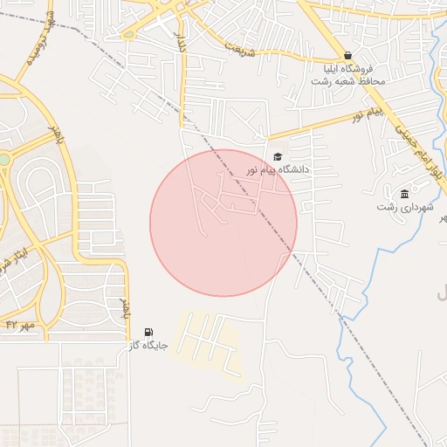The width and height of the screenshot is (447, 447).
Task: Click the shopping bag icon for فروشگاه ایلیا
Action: (x=347, y=55)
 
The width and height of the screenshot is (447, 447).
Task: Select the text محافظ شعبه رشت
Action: (x=347, y=80)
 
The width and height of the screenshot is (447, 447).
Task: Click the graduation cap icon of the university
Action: (x=277, y=156)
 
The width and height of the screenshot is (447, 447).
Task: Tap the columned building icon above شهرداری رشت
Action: (x=405, y=194)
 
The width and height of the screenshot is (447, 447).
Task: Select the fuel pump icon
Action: (x=148, y=333)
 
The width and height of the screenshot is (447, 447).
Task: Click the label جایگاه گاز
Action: (x=148, y=347)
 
